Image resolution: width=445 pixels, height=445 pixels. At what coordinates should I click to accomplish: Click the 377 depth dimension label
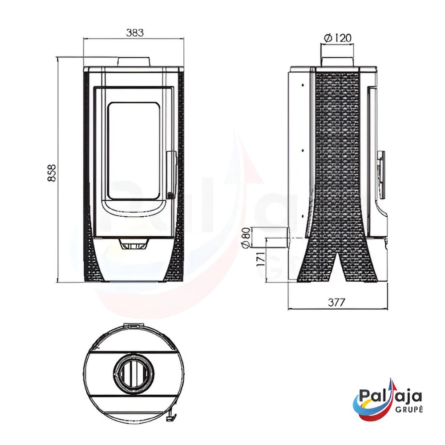(x=336, y=302)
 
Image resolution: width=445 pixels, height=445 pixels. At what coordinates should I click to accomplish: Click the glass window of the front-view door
(x=134, y=150)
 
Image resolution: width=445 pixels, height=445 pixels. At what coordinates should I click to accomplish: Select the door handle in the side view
(x=381, y=174)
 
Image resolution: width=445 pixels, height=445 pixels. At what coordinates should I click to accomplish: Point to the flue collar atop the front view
(x=134, y=62)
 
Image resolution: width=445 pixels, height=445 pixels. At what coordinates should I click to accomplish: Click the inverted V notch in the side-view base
(x=338, y=267)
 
